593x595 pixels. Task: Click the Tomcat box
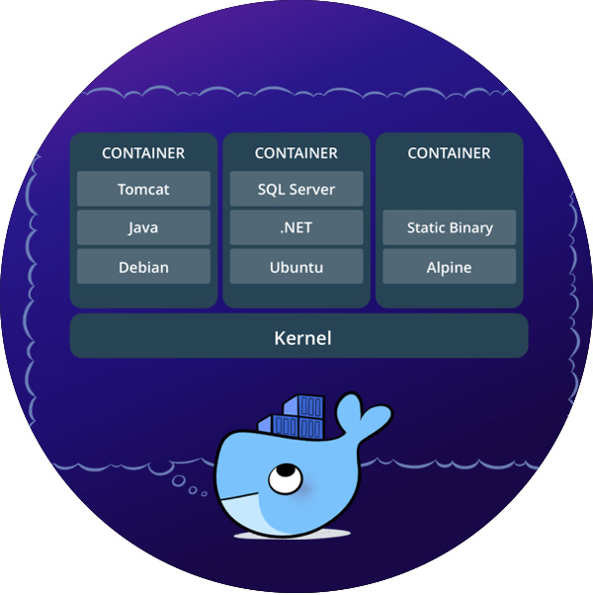click(x=143, y=189)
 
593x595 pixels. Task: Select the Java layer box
click(x=143, y=228)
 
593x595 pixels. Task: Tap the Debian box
click(x=143, y=267)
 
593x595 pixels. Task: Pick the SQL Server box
click(x=296, y=189)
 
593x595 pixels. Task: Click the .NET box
click(x=296, y=228)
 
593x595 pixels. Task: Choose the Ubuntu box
click(x=296, y=267)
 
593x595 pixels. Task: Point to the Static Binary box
click(x=450, y=228)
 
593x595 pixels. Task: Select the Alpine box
click(x=450, y=267)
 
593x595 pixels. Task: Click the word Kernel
click(x=302, y=338)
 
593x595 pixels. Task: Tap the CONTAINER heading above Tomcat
click(x=143, y=153)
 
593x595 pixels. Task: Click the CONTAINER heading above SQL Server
click(x=296, y=153)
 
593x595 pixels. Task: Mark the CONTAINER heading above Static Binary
click(x=450, y=153)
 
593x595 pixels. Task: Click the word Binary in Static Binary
click(x=470, y=228)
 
